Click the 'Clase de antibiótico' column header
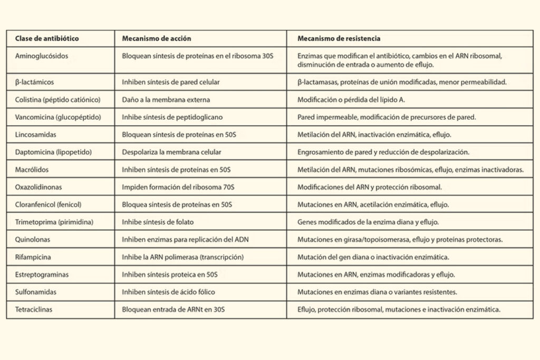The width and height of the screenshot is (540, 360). click(x=47, y=38)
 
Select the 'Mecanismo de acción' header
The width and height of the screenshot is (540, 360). click(x=157, y=38)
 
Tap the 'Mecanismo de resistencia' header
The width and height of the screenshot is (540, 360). click(x=339, y=38)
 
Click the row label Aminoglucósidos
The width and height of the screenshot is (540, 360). click(x=42, y=55)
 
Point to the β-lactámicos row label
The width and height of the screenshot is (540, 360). click(x=35, y=82)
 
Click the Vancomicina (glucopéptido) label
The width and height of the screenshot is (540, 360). click(x=55, y=117)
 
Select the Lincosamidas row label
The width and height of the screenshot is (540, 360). click(x=36, y=134)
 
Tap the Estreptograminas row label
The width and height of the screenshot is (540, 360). click(x=42, y=274)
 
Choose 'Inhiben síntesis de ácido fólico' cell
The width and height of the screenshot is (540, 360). click(x=169, y=291)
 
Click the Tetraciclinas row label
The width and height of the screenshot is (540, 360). click(x=36, y=309)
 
